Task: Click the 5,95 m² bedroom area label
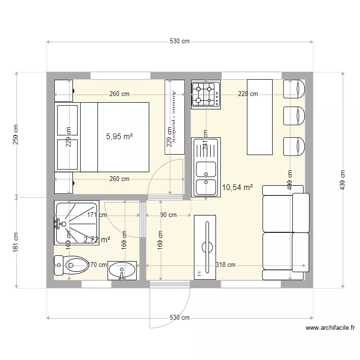click(119, 136)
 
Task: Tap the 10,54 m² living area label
click(237, 188)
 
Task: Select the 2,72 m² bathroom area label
click(97, 239)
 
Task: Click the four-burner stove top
click(205, 94)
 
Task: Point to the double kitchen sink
click(205, 168)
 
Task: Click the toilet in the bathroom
click(72, 264)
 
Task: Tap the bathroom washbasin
click(122, 270)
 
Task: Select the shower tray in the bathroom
click(77, 222)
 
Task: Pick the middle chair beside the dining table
click(294, 116)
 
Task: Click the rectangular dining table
click(260, 117)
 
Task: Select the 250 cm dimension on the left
click(16, 135)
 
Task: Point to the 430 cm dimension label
click(342, 180)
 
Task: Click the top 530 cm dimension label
click(180, 42)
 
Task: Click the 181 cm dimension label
click(16, 243)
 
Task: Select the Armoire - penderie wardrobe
click(174, 117)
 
